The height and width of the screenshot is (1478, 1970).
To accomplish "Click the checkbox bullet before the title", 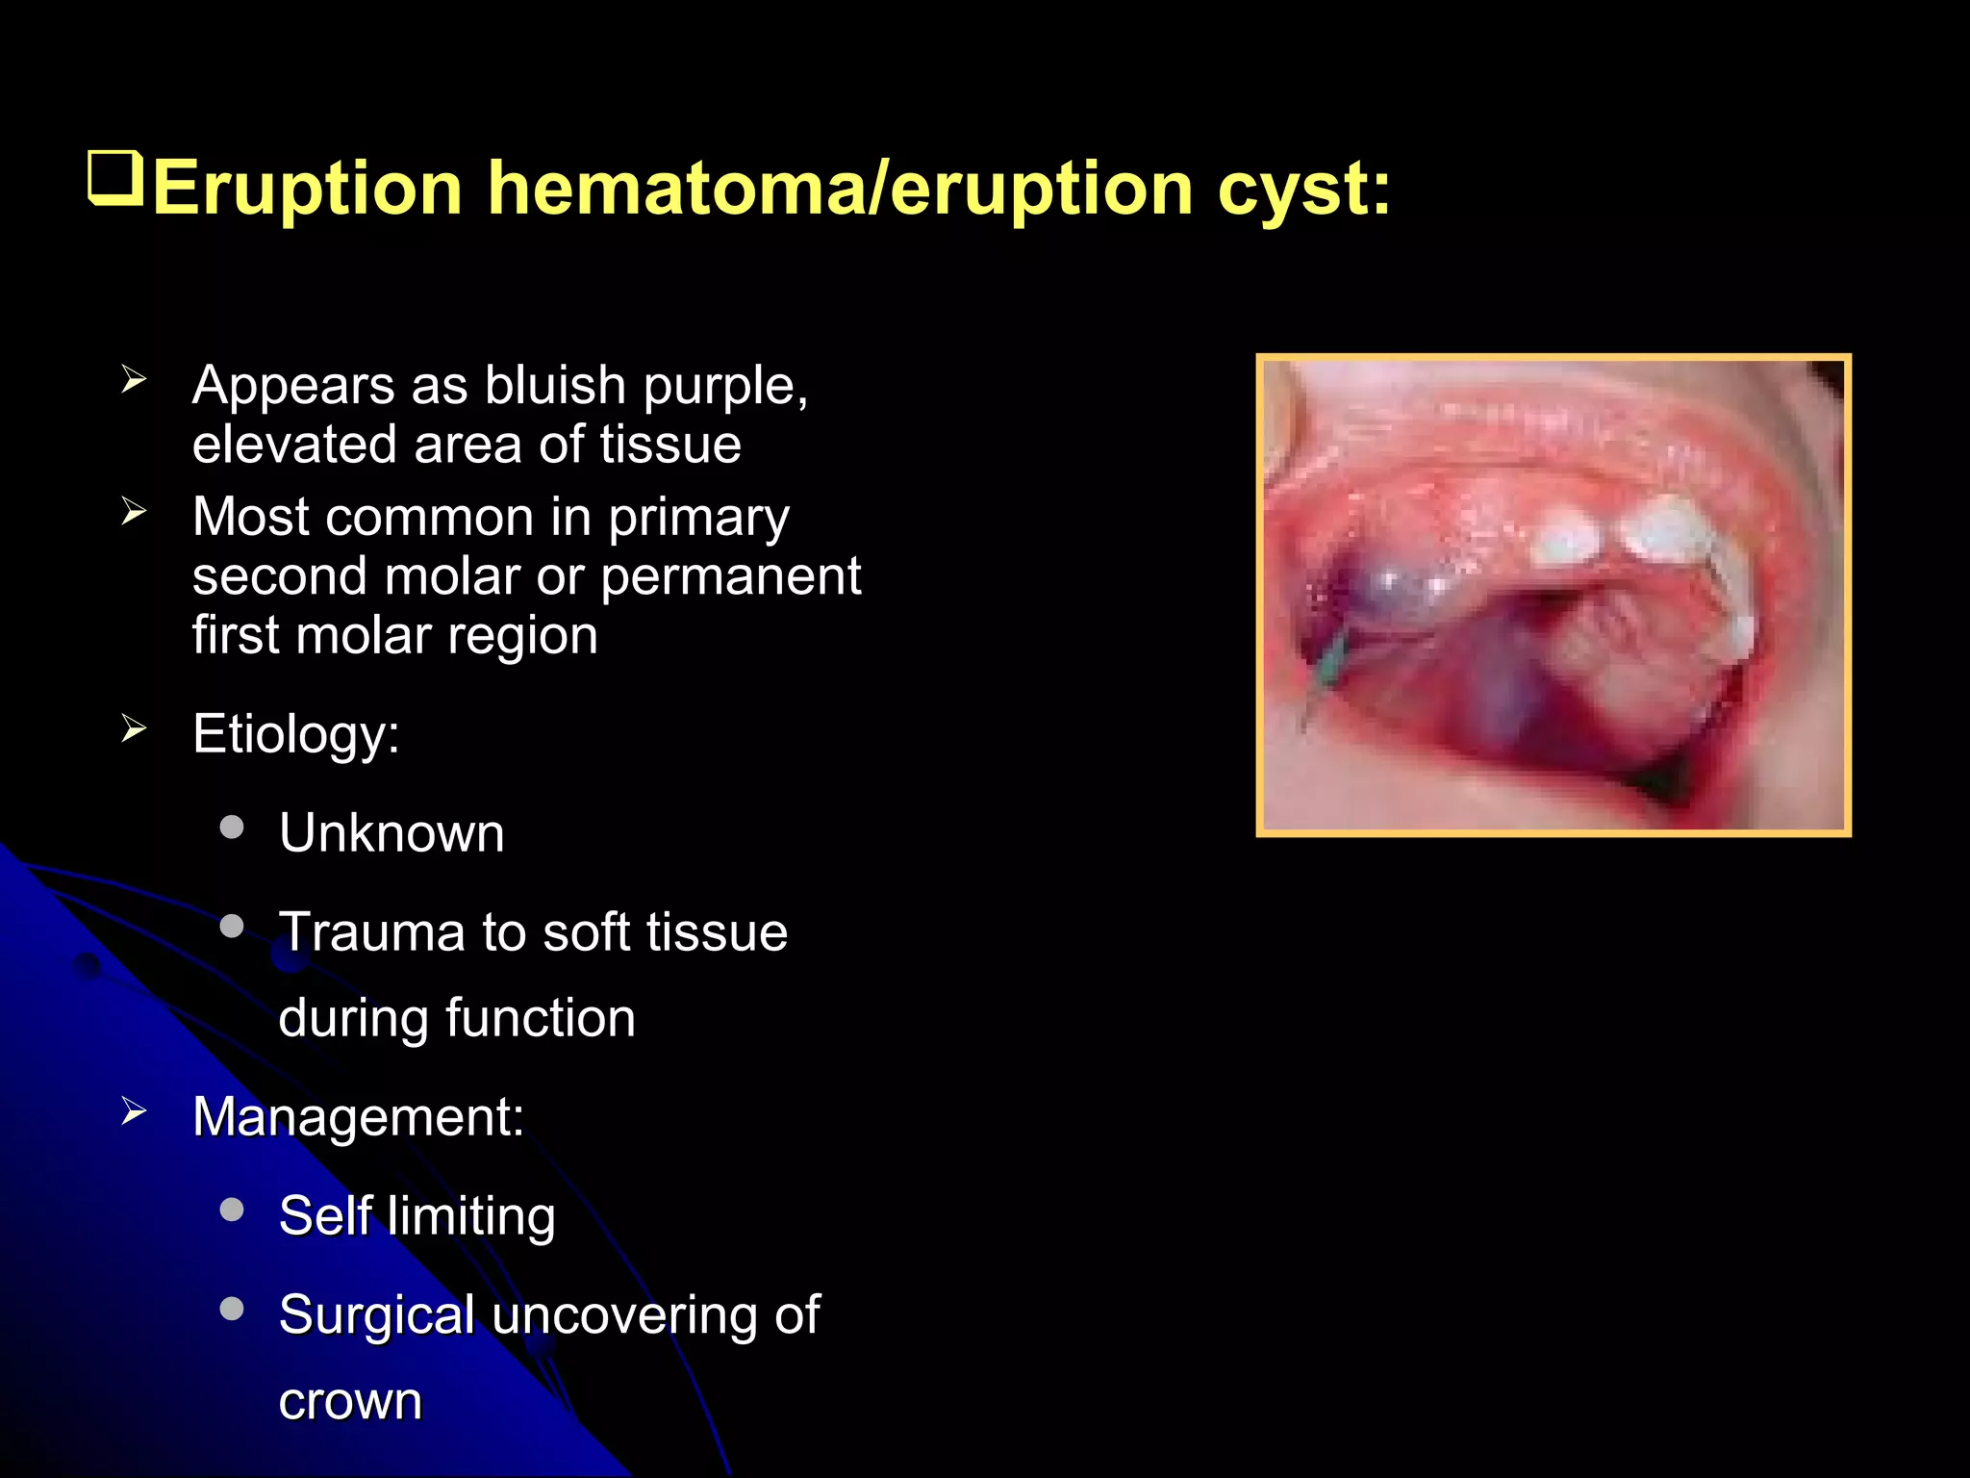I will [115, 178].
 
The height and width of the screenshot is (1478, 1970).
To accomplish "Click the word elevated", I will [294, 445].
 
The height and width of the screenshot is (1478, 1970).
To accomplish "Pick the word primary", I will [698, 519].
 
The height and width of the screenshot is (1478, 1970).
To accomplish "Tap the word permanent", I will [731, 577].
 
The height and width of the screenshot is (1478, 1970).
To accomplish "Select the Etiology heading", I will [295, 735].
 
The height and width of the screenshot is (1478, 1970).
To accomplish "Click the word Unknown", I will [391, 833].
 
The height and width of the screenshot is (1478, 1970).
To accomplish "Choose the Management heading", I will [358, 1117].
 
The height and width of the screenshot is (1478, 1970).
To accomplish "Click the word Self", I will [324, 1215].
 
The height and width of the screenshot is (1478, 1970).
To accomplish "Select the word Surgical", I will [376, 1315].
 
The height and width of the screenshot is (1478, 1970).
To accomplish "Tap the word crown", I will [350, 1402].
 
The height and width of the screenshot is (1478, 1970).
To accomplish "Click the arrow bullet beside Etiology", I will [134, 729].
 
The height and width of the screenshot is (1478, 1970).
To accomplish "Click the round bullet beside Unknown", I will [232, 828].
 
